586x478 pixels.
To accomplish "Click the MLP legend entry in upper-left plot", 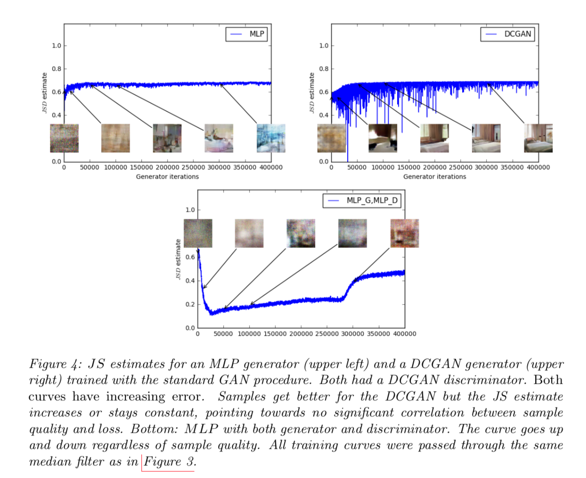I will click(x=246, y=34).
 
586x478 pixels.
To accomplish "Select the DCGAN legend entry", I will click(x=508, y=34).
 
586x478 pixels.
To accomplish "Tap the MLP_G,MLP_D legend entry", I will click(x=363, y=200).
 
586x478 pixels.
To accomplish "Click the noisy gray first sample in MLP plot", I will click(x=64, y=138).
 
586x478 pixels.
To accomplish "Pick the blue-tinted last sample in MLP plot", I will click(x=271, y=138).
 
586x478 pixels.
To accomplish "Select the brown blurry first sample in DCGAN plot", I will click(x=331, y=138).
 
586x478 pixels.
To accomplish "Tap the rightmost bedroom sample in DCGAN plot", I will click(x=538, y=138).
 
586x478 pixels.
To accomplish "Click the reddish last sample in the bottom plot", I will click(x=404, y=233).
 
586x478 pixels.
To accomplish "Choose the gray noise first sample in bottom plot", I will click(x=198, y=233).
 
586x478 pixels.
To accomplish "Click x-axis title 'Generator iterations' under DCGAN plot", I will click(x=434, y=177).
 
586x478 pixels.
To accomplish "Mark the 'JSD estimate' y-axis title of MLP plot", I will click(x=45, y=93).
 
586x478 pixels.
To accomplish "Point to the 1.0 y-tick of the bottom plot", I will click(x=190, y=210).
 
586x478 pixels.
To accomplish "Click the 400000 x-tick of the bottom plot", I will click(x=404, y=334).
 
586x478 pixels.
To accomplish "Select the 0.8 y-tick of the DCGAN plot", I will click(x=324, y=69).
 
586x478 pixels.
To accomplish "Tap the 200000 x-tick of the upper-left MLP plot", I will click(x=167, y=167).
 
